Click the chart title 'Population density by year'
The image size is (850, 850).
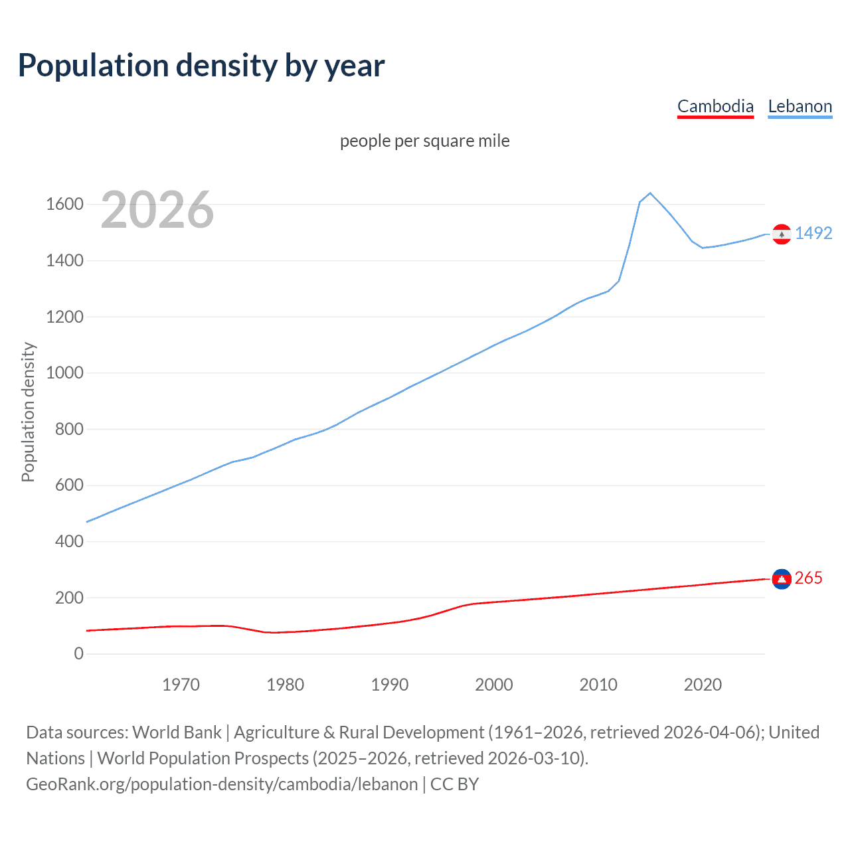tap(201, 66)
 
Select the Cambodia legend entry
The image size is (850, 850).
tap(715, 106)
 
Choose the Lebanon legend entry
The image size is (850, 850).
tap(800, 106)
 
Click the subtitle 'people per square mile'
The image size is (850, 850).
tap(424, 141)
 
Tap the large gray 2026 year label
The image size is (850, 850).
tap(157, 210)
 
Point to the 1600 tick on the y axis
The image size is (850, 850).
tap(64, 204)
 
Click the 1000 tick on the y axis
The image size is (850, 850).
tap(64, 373)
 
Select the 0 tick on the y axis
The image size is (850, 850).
tap(78, 653)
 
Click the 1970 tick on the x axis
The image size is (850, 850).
tap(181, 685)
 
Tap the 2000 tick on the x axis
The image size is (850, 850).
tap(493, 685)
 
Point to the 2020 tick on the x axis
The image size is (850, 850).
tap(703, 685)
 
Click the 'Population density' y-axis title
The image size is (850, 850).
tap(28, 412)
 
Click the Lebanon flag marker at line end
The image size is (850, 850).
tap(782, 234)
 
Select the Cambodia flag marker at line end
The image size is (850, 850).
tap(782, 579)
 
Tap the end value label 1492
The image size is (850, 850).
tap(813, 233)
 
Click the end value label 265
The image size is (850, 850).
tap(808, 578)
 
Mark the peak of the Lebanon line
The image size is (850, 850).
tap(650, 193)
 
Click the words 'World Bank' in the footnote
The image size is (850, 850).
tap(177, 732)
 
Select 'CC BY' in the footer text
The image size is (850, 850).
tap(454, 784)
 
